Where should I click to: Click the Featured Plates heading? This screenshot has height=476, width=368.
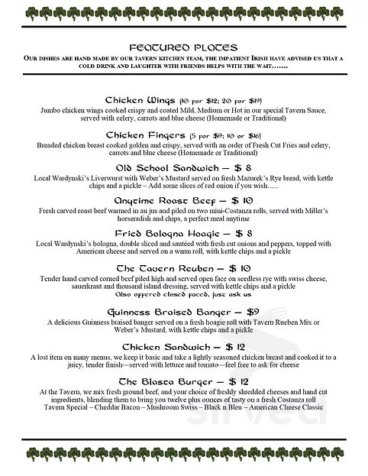pyautogui.click(x=183, y=47)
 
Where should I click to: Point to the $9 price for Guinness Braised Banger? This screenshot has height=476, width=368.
pyautogui.click(x=237, y=312)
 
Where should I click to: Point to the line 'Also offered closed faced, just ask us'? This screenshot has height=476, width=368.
pyautogui.click(x=183, y=295)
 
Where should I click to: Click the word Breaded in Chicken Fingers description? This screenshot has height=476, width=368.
pyautogui.click(x=50, y=144)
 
